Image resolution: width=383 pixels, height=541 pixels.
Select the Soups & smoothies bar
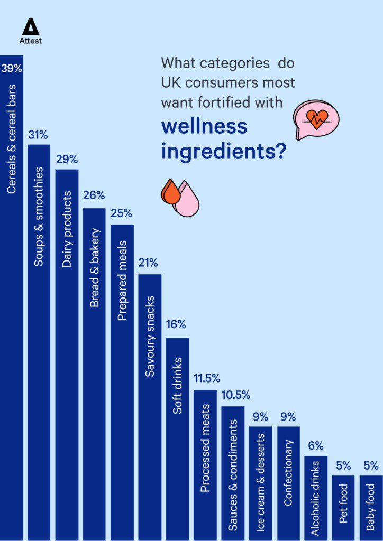tap(39, 338)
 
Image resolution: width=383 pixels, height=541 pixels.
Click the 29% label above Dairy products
tap(67, 160)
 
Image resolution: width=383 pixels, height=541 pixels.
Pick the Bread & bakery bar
tap(94, 370)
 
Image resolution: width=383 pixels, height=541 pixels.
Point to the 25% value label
tap(122, 214)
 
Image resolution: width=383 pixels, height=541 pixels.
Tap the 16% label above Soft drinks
tap(177, 324)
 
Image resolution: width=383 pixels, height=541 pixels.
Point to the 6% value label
tap(316, 446)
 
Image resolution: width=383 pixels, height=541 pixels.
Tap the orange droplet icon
tap(171, 193)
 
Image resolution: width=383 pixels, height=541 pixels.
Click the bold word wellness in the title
tap(204, 126)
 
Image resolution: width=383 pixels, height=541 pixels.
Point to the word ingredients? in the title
tap(224, 152)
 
